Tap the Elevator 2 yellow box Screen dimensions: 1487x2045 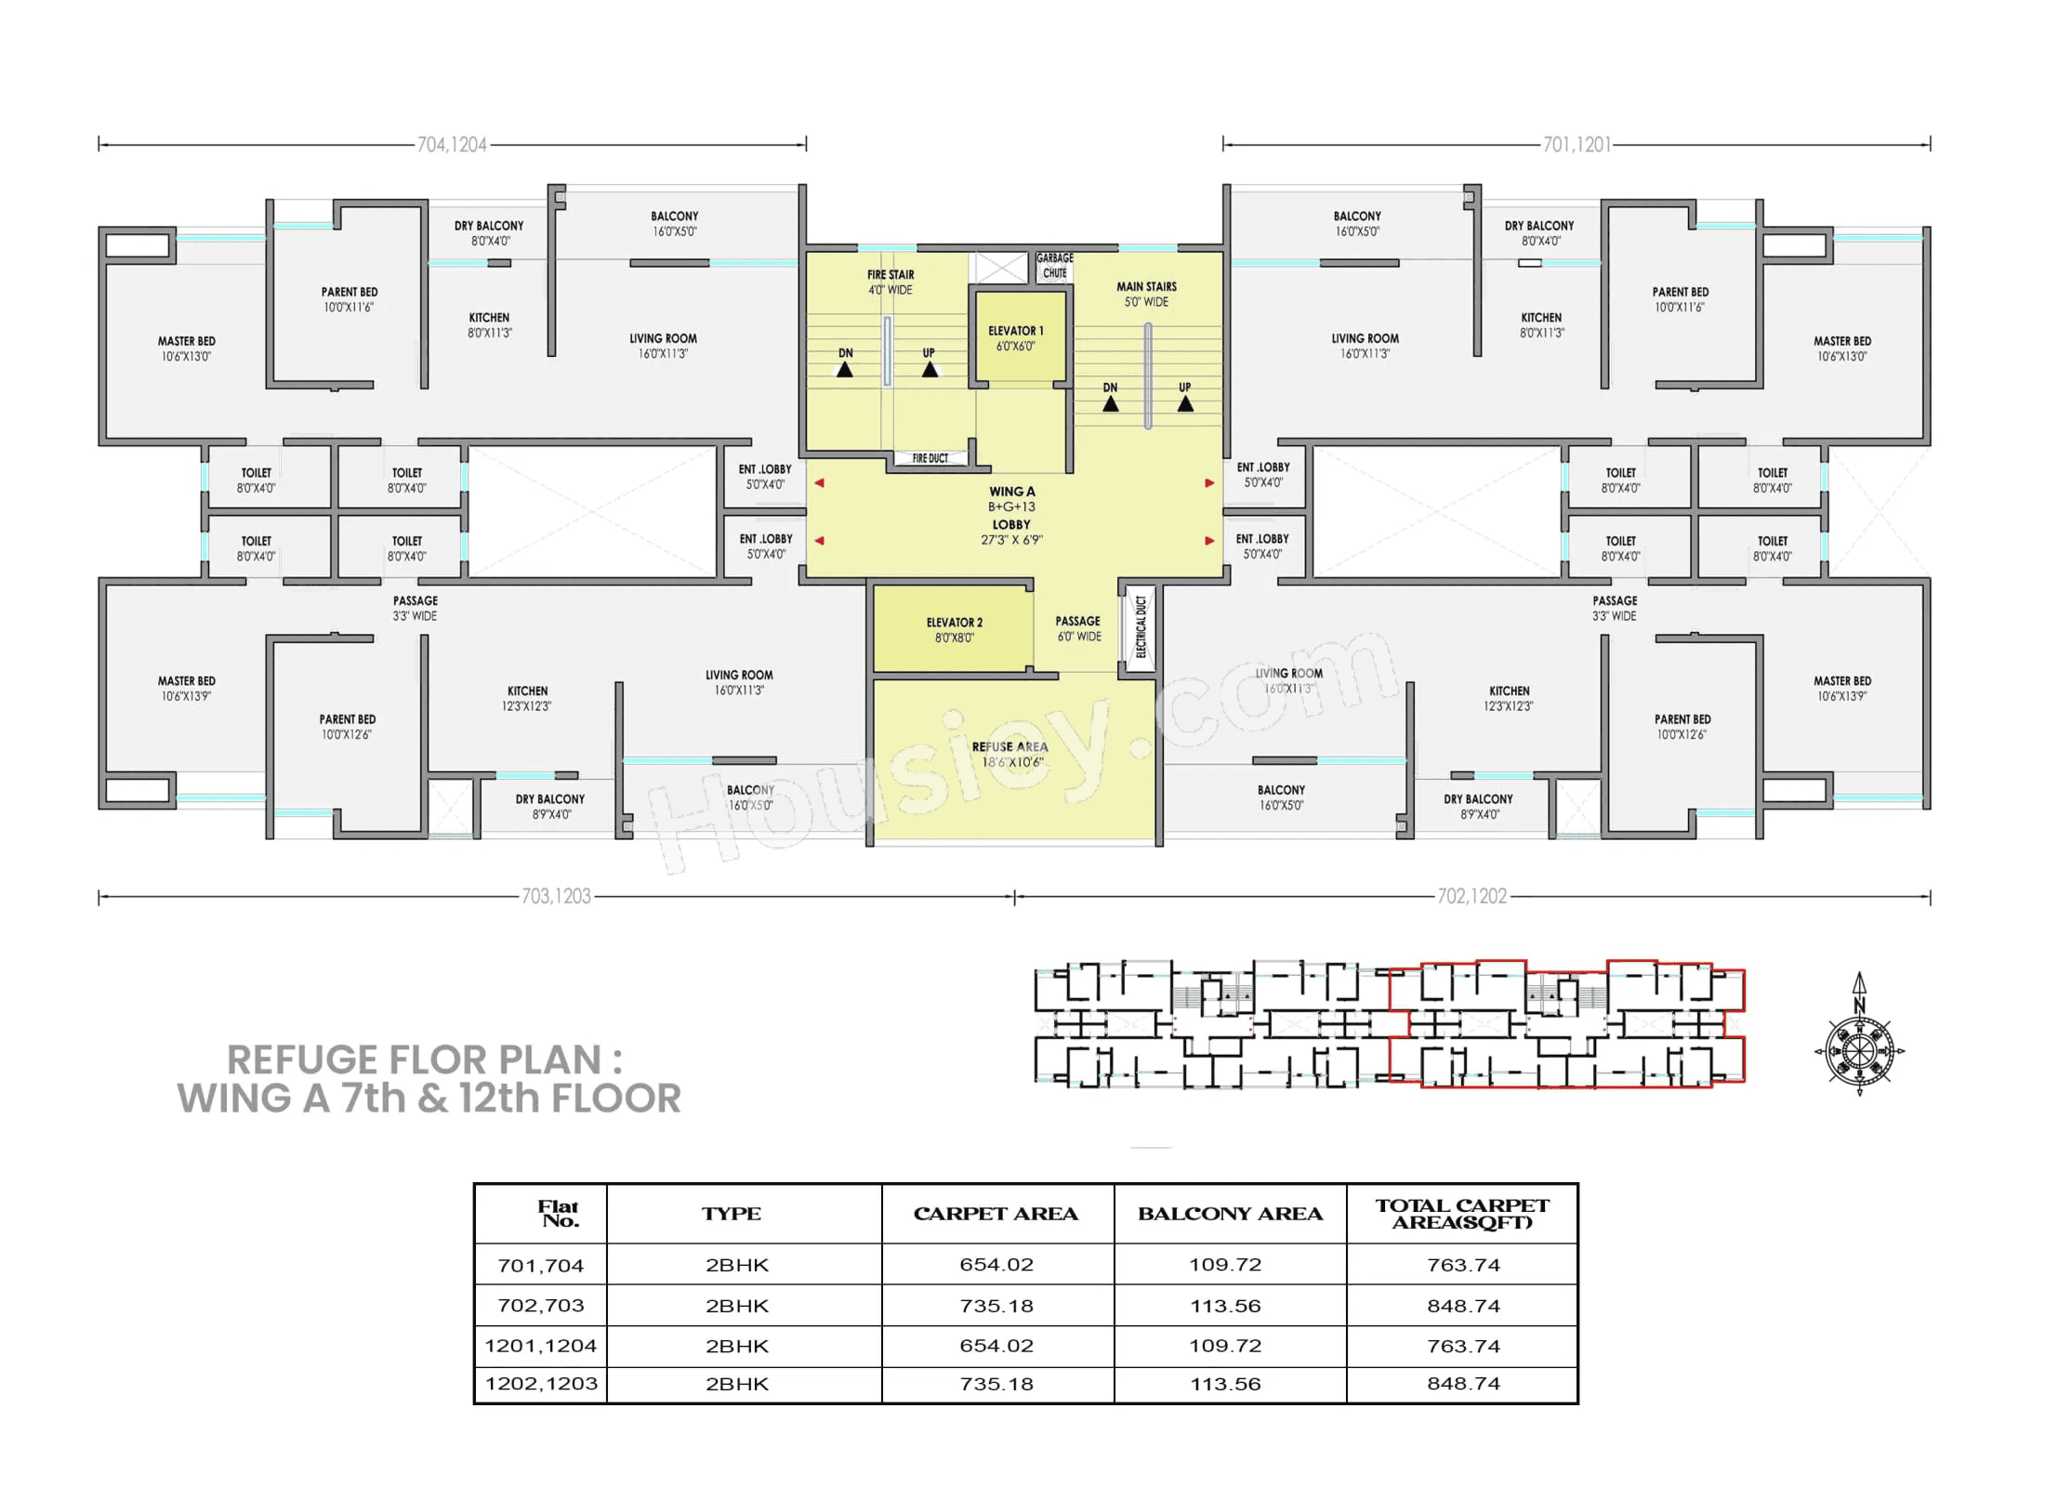[x=953, y=629]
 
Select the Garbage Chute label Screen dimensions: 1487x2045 [x=1054, y=266]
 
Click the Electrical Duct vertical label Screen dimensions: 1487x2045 [x=1141, y=627]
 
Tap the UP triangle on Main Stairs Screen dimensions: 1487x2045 [x=1185, y=404]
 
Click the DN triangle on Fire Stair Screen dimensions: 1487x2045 [x=844, y=369]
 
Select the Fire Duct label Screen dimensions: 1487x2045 [x=930, y=458]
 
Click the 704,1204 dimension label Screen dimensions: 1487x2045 [x=452, y=145]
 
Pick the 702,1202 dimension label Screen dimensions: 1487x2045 [x=1471, y=896]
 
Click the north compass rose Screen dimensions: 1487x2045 [x=1859, y=1050]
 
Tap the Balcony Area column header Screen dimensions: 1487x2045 [x=1230, y=1214]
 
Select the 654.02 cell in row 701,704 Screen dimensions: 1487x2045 [x=996, y=1265]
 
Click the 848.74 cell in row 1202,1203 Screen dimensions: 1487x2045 [x=1463, y=1384]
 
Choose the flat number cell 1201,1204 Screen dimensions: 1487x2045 [x=540, y=1346]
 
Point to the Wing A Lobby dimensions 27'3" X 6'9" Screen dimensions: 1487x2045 [x=1011, y=540]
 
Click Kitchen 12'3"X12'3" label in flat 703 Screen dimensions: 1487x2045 [x=527, y=699]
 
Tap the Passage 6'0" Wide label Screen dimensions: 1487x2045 [x=1078, y=629]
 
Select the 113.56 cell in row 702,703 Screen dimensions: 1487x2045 [x=1225, y=1306]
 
